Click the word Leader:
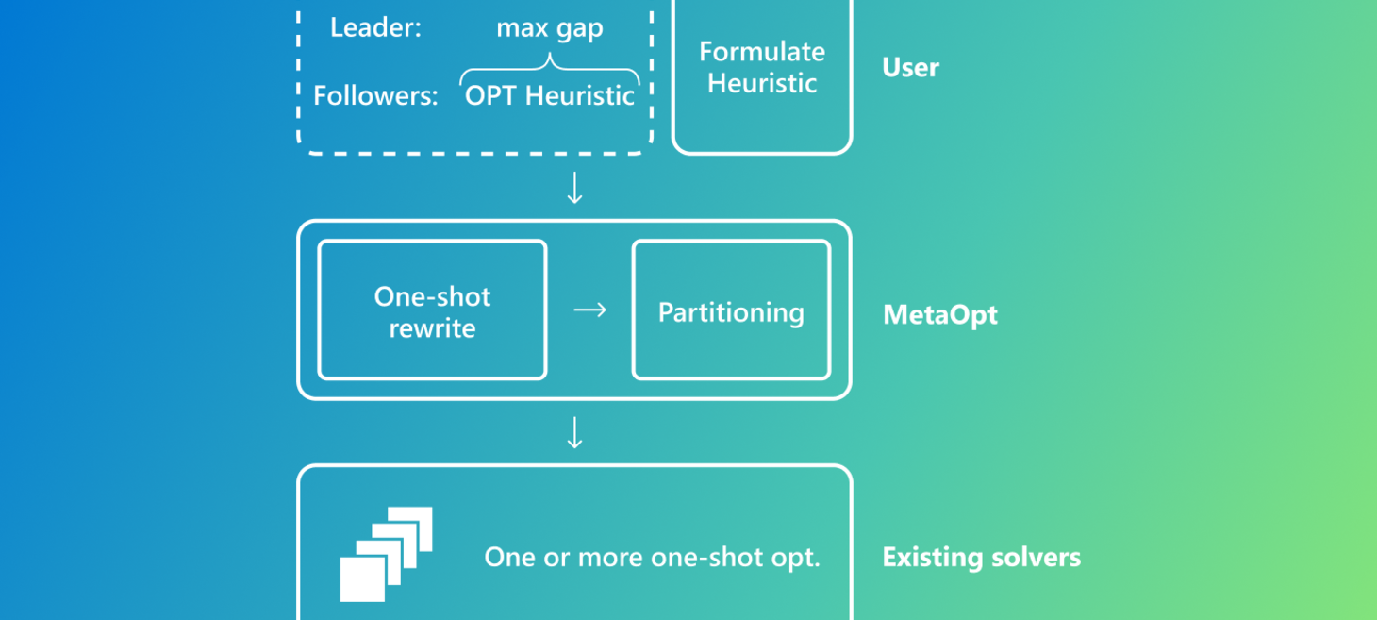375,28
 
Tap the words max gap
550,28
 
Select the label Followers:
375,96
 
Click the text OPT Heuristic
550,96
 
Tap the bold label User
910,68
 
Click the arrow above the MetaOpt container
574,188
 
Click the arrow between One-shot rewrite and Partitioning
589,310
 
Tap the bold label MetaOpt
939,314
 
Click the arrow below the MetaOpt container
574,432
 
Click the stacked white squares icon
387,554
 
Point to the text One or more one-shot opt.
652,557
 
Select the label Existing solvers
981,557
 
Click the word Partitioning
731,312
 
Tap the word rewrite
432,329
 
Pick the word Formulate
761,52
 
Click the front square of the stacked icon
362,578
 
